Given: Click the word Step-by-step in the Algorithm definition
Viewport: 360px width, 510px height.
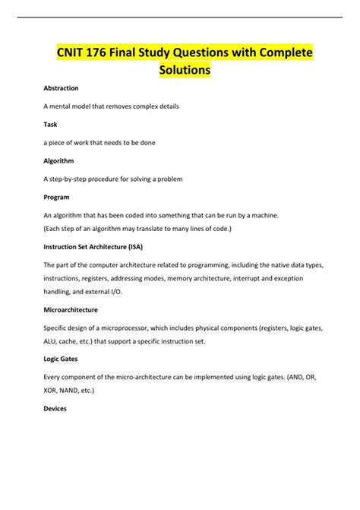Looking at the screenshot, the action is coord(66,179).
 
